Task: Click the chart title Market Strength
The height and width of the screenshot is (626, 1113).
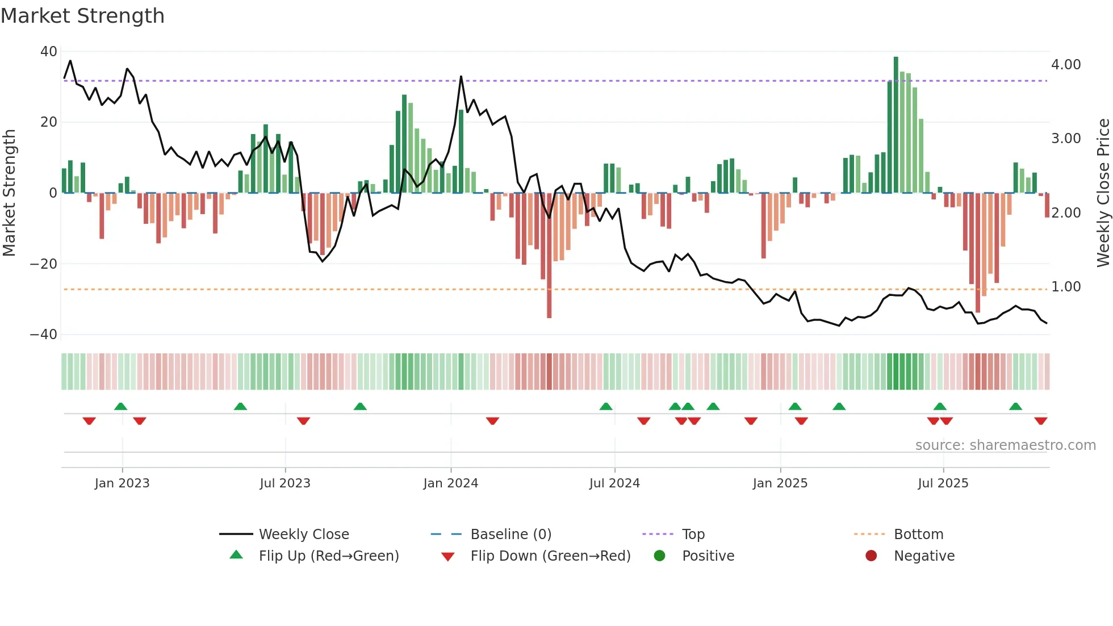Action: (x=83, y=16)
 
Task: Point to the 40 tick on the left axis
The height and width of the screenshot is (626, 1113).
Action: (x=49, y=52)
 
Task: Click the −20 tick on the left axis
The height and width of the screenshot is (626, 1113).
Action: (x=44, y=264)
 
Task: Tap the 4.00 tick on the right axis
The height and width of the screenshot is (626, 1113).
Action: (x=1066, y=65)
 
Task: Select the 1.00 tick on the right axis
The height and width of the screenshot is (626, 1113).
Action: (x=1066, y=287)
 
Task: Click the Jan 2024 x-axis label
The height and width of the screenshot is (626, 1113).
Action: (x=451, y=483)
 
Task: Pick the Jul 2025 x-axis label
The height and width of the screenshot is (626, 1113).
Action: (x=943, y=483)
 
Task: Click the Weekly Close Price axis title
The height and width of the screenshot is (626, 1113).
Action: (x=1103, y=193)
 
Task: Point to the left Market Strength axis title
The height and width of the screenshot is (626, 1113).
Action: (x=10, y=193)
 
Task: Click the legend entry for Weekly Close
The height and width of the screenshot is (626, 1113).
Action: (x=304, y=535)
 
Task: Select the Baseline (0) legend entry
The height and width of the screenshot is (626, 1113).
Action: (x=511, y=535)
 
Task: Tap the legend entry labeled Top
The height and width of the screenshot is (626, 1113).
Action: (x=693, y=535)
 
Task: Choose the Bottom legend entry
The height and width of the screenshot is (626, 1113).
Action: (x=918, y=535)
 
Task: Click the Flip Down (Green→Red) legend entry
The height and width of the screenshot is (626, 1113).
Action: (x=550, y=556)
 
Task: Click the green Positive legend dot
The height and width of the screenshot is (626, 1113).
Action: (x=659, y=556)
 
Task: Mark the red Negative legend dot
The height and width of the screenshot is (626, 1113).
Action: (x=871, y=556)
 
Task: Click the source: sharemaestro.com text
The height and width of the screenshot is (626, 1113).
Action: (x=1005, y=445)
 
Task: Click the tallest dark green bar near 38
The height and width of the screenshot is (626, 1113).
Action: (x=896, y=125)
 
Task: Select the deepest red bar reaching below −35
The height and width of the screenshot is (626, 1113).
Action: (x=549, y=256)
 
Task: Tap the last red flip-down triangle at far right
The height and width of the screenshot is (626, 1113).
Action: (x=1041, y=421)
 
